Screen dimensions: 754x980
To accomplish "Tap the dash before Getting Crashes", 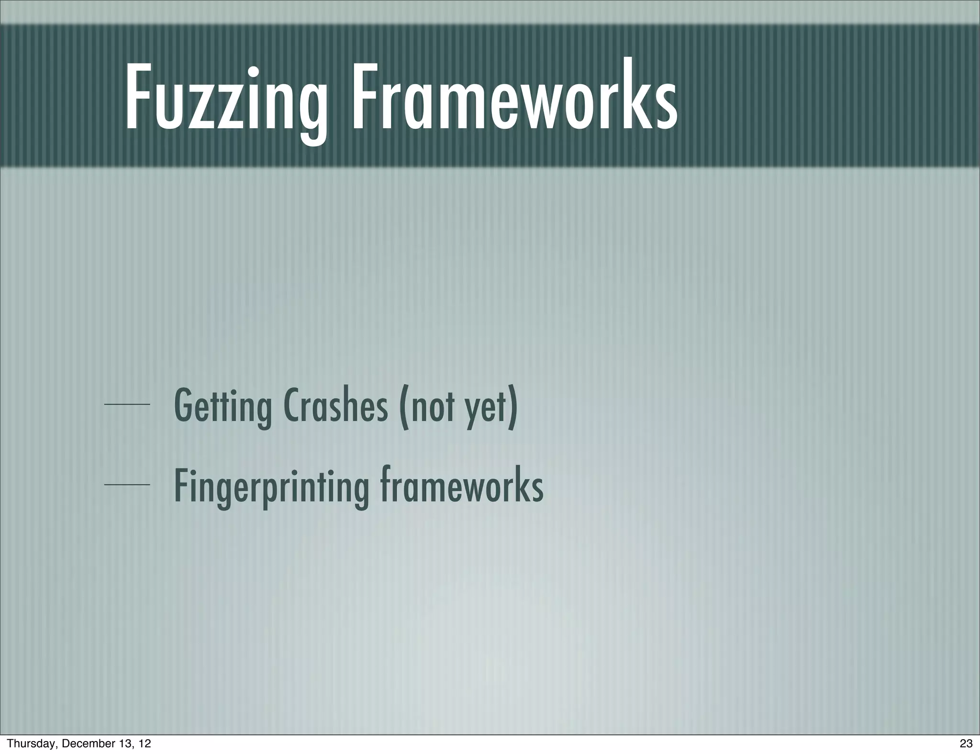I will tap(127, 405).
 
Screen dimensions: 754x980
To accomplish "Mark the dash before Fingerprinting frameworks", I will tap(127, 485).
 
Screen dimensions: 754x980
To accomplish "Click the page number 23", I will tap(966, 743).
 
